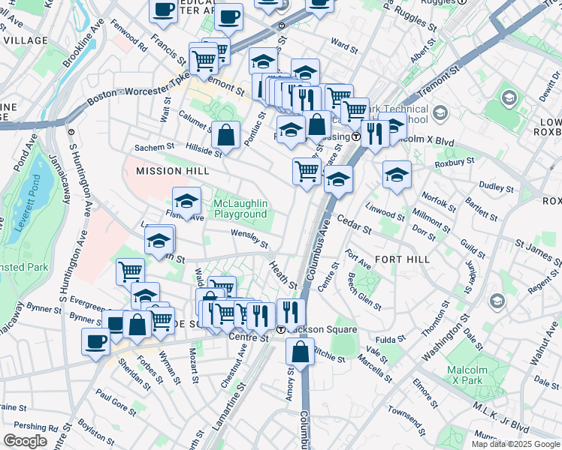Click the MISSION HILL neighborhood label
click(x=172, y=171)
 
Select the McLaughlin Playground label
click(x=240, y=208)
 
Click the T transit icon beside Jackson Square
click(x=280, y=329)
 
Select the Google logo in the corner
click(x=25, y=441)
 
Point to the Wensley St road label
click(x=249, y=239)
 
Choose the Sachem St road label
click(x=154, y=147)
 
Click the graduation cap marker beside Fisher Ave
click(x=186, y=201)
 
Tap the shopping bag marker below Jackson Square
click(x=300, y=351)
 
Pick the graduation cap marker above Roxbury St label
click(x=397, y=175)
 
